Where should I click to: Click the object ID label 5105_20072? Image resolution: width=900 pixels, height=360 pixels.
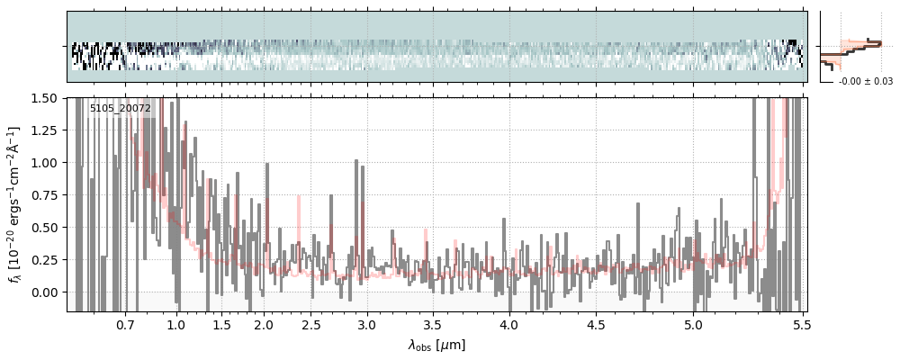[121, 109]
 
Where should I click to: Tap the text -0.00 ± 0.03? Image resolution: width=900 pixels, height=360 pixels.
[865, 82]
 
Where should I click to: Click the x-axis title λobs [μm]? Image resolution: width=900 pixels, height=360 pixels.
[436, 345]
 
